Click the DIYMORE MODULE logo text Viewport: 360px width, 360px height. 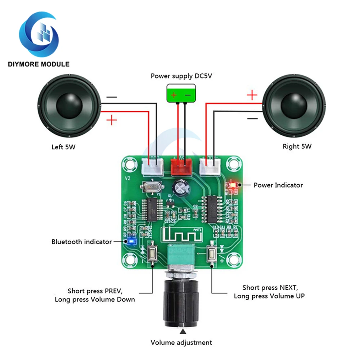click(x=39, y=64)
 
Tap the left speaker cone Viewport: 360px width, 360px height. click(x=69, y=106)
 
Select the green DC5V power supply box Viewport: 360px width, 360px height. click(x=181, y=93)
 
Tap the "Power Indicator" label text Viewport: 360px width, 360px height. click(x=278, y=185)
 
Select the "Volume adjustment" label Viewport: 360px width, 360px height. click(x=181, y=342)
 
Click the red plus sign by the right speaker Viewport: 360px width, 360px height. click(x=252, y=95)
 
